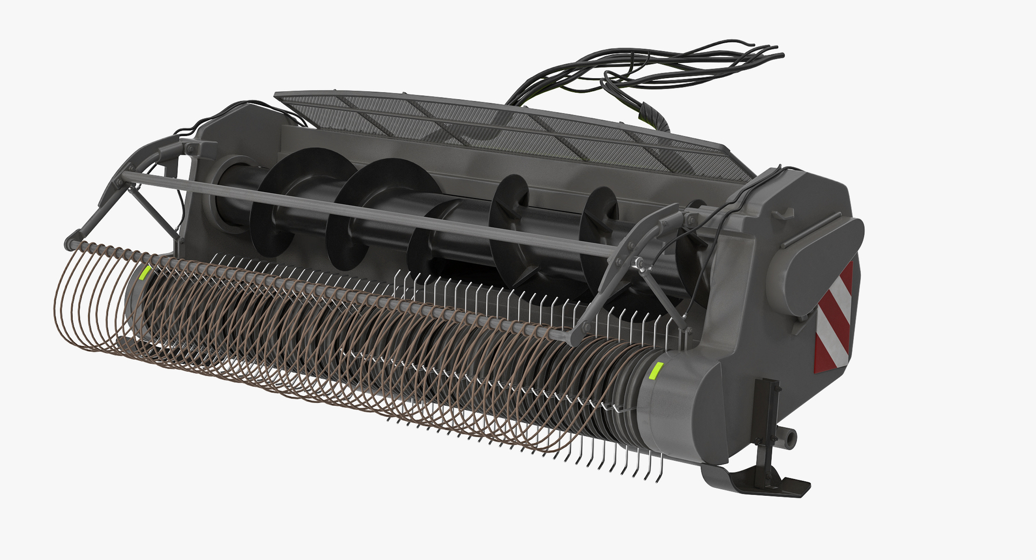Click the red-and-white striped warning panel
coord(834,318)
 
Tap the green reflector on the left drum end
coord(144,272)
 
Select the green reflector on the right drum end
coord(656,371)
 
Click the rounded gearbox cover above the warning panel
coord(815,264)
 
